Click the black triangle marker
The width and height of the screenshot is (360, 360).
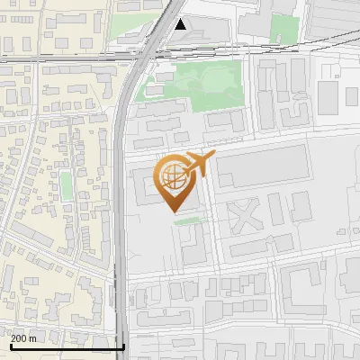[x=182, y=24]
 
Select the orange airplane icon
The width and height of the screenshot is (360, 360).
[x=199, y=164]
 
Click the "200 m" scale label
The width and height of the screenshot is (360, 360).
[x=23, y=338]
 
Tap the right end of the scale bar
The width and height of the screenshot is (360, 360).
[x=123, y=346]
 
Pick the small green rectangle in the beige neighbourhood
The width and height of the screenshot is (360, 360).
[x=66, y=185]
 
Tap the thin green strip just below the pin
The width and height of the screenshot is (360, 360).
[x=188, y=220]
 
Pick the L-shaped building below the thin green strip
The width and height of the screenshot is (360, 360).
[x=193, y=245]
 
